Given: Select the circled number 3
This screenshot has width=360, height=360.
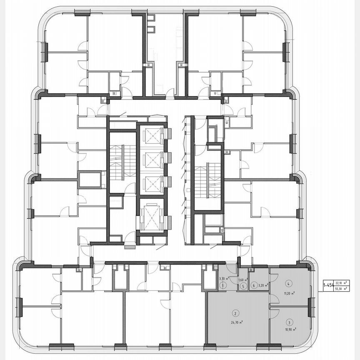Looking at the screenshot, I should click(x=289, y=322).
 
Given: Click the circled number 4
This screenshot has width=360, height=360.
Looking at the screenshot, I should click(x=288, y=284).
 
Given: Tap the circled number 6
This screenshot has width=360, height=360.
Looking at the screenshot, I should click(x=254, y=285).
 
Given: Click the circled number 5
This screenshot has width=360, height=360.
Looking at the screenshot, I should click(x=242, y=286).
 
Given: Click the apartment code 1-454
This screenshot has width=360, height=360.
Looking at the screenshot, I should click(x=328, y=285).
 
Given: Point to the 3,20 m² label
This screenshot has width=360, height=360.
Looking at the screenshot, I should click(x=262, y=286).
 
